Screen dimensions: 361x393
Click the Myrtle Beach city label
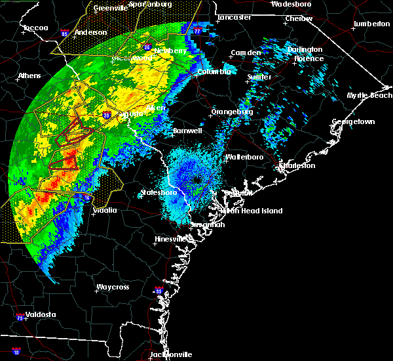point(369,95)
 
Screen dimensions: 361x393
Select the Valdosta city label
point(37,314)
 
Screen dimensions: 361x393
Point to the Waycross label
point(113,287)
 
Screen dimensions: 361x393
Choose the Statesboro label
point(158,193)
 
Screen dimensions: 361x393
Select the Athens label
point(29,75)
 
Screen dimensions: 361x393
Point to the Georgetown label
point(353,122)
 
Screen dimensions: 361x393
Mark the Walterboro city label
point(244,158)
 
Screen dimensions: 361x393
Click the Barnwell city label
point(187,131)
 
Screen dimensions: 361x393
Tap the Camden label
point(246,53)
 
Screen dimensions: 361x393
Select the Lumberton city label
point(371,24)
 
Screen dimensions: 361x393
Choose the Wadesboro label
point(291,3)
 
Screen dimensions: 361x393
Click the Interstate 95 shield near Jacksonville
point(157,290)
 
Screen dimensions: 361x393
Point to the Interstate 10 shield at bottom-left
point(17,352)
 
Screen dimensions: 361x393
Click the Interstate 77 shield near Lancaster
point(197,30)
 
